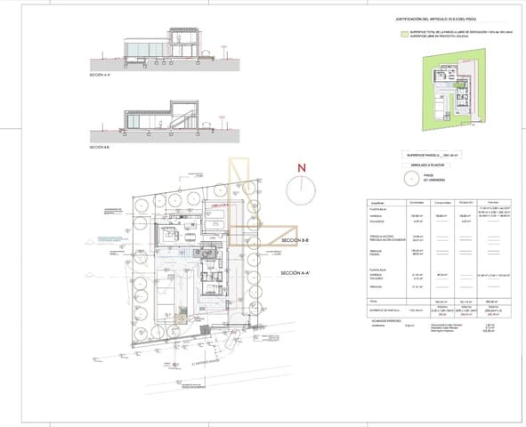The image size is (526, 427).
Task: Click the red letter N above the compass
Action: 302,167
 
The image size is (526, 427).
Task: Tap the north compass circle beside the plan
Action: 302,189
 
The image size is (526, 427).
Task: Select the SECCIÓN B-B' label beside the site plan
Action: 295,241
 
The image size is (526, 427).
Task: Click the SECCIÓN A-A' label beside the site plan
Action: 295,273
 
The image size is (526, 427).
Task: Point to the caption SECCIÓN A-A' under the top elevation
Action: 101,76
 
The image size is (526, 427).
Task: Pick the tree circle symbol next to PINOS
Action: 410,178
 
